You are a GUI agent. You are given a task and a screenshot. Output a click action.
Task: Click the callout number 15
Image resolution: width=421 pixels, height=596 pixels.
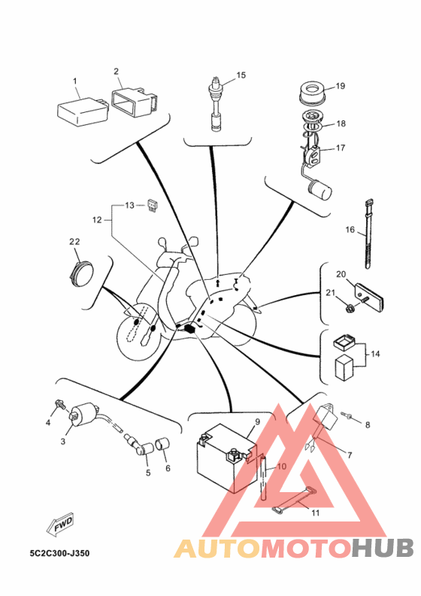click(x=241, y=75)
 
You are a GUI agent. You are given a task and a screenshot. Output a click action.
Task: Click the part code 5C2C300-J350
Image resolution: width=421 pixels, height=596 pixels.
click(x=60, y=553)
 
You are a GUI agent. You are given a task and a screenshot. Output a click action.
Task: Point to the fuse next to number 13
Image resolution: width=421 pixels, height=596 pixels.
click(x=152, y=205)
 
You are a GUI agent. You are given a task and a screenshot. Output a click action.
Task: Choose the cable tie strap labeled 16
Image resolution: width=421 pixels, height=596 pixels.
click(x=368, y=233)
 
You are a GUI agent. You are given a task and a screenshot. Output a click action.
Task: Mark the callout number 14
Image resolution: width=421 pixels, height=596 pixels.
click(x=375, y=354)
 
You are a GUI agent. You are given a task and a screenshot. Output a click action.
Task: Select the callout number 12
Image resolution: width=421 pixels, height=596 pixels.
click(x=97, y=220)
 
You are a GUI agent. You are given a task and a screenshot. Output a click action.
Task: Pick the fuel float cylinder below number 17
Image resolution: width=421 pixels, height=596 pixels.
click(x=320, y=190)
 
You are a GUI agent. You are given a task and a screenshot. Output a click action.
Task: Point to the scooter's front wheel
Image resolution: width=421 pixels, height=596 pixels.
click(x=141, y=334)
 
